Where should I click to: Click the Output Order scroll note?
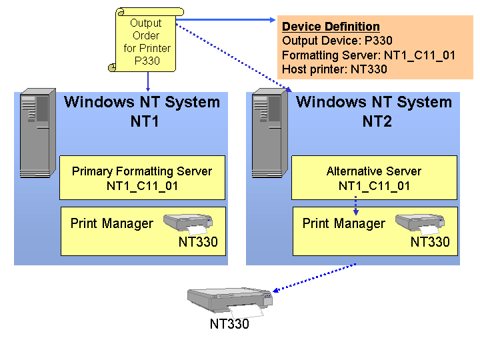tap(146, 42)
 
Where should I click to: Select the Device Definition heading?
tap(331, 27)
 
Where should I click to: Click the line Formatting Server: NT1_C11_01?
tap(369, 55)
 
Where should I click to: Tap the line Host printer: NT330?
tap(334, 69)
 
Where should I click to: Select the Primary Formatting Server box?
tap(142, 178)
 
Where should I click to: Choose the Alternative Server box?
tap(374, 178)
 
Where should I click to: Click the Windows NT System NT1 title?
tap(142, 112)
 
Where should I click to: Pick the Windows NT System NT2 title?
tap(374, 112)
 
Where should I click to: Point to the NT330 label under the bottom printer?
tap(229, 325)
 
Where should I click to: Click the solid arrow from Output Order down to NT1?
tap(147, 82)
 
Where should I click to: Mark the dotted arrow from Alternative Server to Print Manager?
tap(356, 204)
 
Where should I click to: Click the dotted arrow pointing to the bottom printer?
tap(313, 277)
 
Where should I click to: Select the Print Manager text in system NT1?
tap(112, 224)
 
